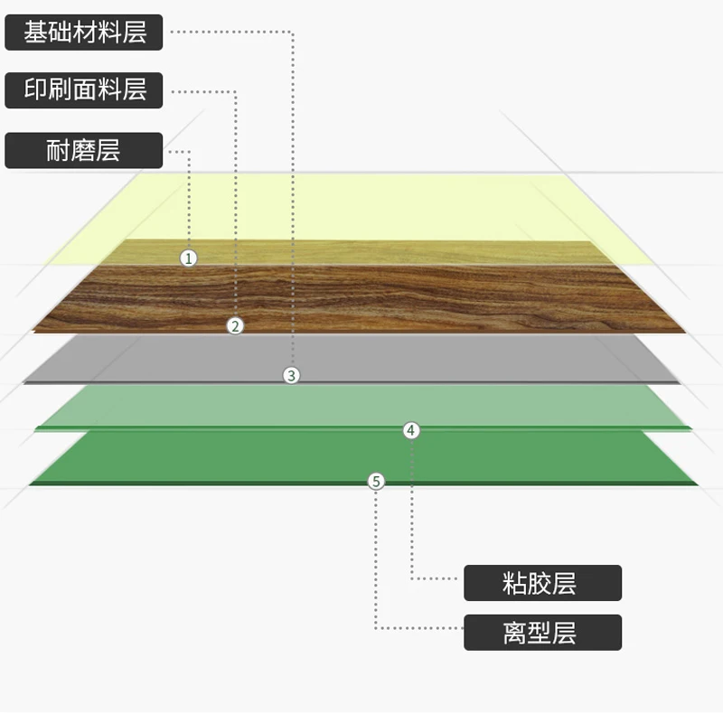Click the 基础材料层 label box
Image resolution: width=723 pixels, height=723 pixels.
84,33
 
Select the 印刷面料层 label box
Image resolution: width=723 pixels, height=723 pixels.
84,90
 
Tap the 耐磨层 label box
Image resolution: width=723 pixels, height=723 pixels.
84,150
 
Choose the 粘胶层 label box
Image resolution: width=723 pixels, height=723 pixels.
542,583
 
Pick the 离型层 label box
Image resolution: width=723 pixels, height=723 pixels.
542,633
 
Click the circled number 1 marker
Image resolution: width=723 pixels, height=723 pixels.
188,258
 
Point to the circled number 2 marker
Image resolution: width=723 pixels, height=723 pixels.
235,326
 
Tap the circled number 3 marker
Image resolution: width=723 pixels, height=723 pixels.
290,375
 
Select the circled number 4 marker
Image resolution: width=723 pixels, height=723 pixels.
411,431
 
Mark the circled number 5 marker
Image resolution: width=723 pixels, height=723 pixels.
377,482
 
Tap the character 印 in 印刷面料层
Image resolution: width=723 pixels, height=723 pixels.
35,90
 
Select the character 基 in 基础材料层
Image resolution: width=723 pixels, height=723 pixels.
35,33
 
